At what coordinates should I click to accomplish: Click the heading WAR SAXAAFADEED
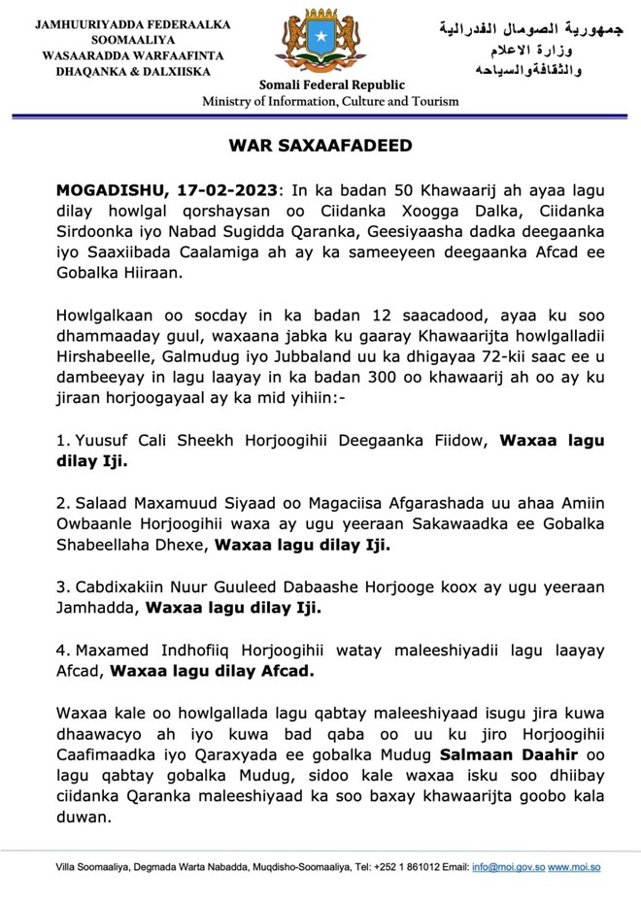click(x=320, y=146)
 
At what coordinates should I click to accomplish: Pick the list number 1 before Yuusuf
click(x=60, y=441)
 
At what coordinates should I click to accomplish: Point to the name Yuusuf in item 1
click(x=96, y=441)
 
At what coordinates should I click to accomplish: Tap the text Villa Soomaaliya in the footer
click(x=92, y=866)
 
